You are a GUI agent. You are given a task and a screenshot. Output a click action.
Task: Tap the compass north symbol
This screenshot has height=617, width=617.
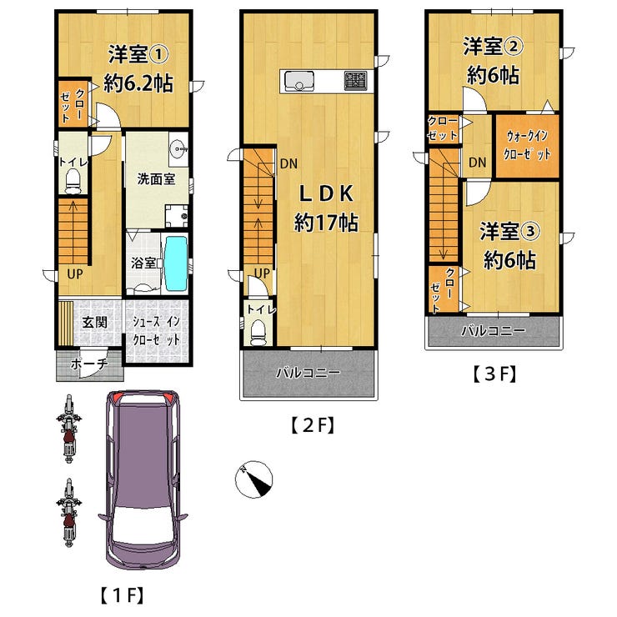tap(253, 479)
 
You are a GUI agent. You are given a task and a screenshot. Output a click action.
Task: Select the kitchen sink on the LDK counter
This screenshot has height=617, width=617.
tap(299, 81)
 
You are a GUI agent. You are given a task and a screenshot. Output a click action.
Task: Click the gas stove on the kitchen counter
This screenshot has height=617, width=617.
tap(356, 81)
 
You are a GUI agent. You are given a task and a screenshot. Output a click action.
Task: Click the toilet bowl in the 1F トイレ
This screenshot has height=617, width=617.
tap(73, 181)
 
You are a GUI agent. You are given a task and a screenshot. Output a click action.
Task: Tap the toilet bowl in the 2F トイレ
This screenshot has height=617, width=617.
tap(258, 333)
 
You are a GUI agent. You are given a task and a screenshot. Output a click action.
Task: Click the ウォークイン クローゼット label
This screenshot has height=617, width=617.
tap(527, 145)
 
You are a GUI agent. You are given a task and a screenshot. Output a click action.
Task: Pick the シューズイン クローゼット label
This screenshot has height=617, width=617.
tap(156, 330)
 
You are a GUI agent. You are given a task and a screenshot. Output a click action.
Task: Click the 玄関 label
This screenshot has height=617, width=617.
tap(94, 323)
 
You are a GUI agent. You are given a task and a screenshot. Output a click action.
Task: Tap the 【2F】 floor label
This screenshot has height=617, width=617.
tap(313, 426)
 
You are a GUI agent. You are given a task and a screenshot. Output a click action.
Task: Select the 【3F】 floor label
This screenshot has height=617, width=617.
tap(494, 374)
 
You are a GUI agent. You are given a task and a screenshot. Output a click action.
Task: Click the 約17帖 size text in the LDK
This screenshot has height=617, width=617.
tap(326, 223)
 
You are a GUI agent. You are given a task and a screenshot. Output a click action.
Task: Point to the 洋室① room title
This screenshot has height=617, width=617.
tap(138, 54)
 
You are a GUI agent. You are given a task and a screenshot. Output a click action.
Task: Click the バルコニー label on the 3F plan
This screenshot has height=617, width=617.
tap(493, 330)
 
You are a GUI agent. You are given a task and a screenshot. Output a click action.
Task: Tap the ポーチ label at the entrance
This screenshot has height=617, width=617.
tap(89, 364)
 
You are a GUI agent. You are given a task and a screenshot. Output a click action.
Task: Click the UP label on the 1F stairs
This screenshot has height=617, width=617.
tap(75, 273)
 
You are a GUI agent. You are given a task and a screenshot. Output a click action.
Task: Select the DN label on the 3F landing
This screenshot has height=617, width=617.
tap(477, 162)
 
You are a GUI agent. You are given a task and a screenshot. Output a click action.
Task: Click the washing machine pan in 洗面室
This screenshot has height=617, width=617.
tap(176, 216)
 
